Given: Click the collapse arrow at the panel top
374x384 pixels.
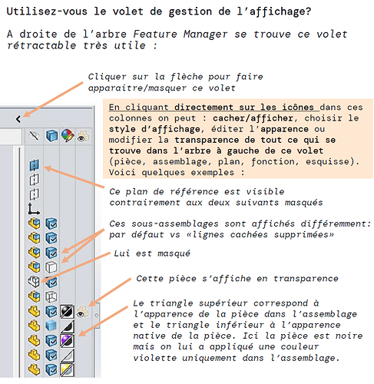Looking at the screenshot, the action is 18,119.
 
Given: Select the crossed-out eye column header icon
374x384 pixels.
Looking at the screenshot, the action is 34,135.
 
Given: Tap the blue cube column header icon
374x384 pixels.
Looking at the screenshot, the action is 51,135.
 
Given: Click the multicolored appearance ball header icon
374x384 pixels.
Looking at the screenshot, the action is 68,135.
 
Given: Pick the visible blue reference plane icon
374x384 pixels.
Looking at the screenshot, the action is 35,165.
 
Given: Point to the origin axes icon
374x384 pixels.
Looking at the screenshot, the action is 34,209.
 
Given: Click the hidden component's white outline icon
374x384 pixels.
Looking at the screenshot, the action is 34,281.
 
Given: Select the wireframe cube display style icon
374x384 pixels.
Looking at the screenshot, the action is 51,296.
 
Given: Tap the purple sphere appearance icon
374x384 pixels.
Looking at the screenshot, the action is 67,340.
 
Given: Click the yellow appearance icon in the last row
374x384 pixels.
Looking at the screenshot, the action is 67,370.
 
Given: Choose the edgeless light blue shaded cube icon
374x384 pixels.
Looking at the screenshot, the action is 51,326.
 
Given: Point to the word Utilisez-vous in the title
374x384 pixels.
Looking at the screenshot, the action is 47,12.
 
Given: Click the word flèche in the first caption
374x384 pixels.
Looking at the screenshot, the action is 187,77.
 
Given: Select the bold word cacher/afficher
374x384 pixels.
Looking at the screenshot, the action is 253,118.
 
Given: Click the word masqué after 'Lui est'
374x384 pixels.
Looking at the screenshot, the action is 174,253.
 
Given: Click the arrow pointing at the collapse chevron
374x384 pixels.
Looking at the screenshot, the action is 53,99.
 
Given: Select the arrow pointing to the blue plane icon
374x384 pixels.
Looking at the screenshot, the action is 74,177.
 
